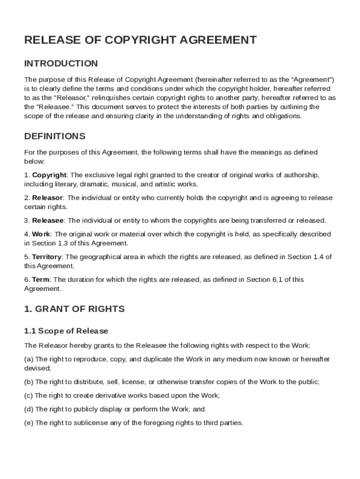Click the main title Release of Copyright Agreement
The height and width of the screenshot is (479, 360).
pyautogui.click(x=140, y=40)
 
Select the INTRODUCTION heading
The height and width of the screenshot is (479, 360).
pyautogui.click(x=61, y=64)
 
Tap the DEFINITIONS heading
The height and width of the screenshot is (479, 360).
pyautogui.click(x=55, y=137)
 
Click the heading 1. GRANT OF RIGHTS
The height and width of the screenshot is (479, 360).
pyautogui.click(x=74, y=309)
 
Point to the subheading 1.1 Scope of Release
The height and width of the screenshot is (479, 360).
pyautogui.click(x=66, y=331)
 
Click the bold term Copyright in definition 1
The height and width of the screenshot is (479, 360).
pyautogui.click(x=49, y=175)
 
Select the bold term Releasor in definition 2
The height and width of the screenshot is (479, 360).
pyautogui.click(x=47, y=198)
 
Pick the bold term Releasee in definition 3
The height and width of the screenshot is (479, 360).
pyautogui.click(x=48, y=220)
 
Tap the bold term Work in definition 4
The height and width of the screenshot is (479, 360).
pyautogui.click(x=41, y=234)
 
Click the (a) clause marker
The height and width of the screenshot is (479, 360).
pyautogui.click(x=29, y=359)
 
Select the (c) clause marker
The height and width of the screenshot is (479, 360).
pyautogui.click(x=29, y=395)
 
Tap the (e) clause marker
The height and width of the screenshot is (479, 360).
pyautogui.click(x=29, y=423)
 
